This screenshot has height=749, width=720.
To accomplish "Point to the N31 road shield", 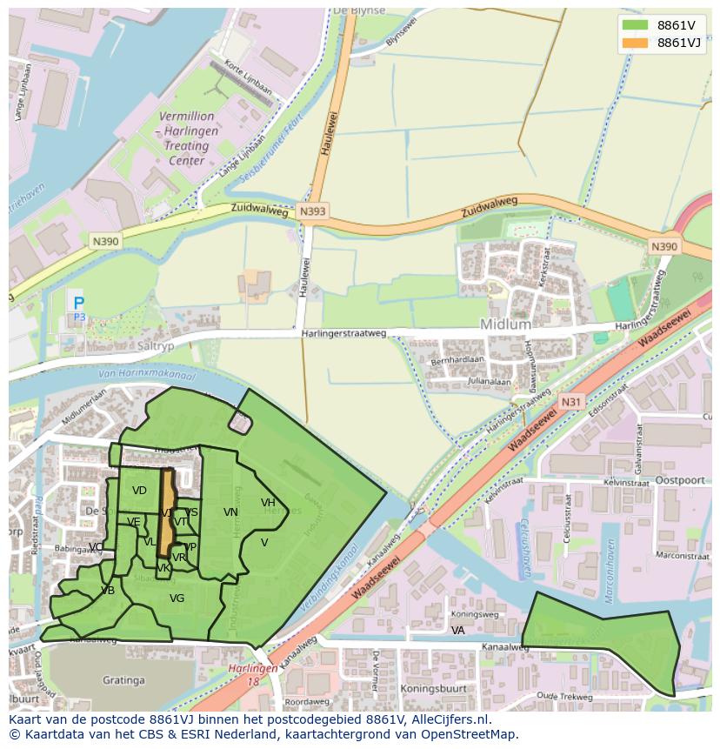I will [x=570, y=401].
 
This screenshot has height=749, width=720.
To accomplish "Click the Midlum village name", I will [x=505, y=324].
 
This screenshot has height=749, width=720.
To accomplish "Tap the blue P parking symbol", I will [x=79, y=304].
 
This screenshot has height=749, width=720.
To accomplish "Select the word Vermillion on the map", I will [x=186, y=116].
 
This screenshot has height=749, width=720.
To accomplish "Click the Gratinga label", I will [x=123, y=679].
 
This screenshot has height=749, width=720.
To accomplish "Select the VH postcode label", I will [x=268, y=503].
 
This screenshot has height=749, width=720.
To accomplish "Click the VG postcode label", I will [x=177, y=599].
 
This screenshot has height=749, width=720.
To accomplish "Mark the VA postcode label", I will [x=457, y=630].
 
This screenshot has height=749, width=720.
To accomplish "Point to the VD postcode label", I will [x=139, y=491].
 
